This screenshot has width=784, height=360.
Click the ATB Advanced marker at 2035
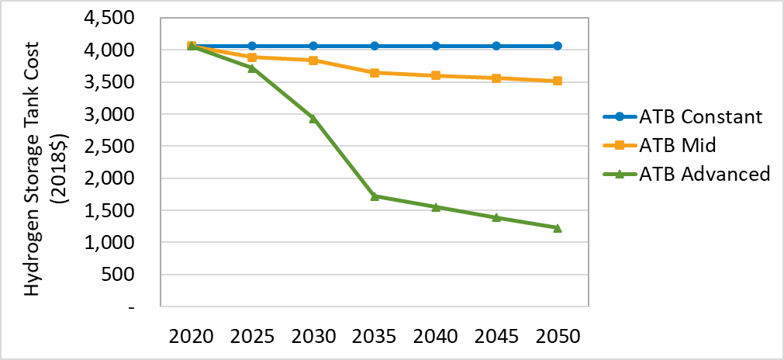coord(375,196)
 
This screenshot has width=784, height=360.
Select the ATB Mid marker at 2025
coord(253,57)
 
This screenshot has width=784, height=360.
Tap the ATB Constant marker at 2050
coord(558,46)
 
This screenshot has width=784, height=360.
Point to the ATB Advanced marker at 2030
coord(313,118)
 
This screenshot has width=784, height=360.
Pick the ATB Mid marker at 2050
coord(558,81)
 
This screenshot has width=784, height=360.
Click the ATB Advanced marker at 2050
coord(558,227)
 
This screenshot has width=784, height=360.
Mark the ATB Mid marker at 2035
coord(375,73)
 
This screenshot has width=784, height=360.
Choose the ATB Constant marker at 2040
coord(436,46)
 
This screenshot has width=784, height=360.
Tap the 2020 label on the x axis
coord(192,337)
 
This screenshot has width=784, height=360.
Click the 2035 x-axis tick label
coord(375,337)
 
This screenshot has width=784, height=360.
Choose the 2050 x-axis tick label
coord(558,337)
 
